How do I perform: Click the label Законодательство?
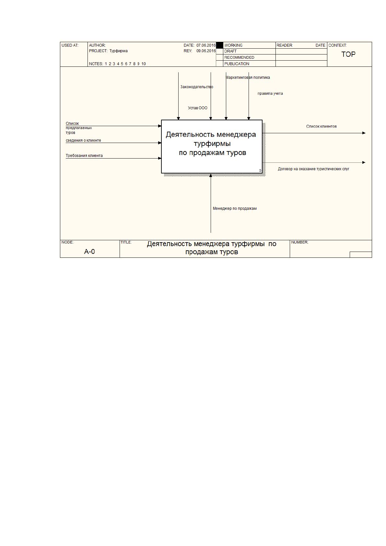197,87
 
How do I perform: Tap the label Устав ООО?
198,108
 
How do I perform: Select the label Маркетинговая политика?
248,77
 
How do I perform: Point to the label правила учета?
270,93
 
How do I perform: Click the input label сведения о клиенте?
83,140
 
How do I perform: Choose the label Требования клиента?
84,156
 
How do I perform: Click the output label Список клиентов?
322,126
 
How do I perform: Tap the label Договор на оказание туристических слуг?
313,169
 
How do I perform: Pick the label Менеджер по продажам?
235,208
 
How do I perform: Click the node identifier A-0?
89,252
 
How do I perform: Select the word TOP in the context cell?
348,54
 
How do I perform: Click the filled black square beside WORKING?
219,45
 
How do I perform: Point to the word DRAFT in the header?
230,51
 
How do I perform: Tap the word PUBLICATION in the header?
237,64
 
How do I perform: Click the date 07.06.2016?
206,45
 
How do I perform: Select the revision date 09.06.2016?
206,51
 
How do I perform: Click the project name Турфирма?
118,51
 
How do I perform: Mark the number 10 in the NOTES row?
144,64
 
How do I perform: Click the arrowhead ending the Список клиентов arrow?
364,133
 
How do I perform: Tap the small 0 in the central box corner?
260,171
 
